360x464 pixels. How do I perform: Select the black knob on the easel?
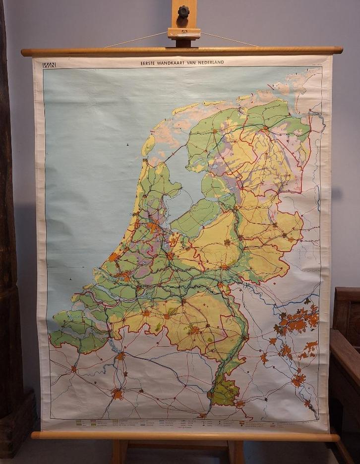[184, 11]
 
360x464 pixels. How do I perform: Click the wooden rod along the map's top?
[181, 51]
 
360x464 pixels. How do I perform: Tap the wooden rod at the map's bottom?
[184, 436]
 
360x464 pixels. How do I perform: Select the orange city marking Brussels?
[117, 394]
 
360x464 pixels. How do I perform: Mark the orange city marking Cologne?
[299, 380]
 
